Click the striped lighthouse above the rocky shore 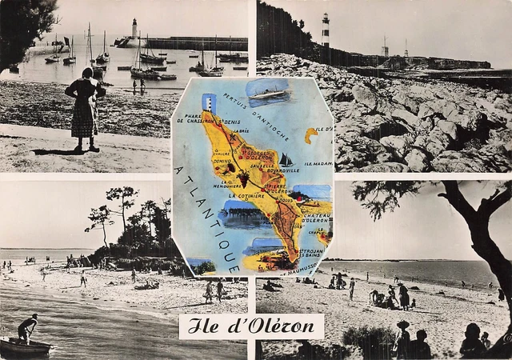coord(326,30)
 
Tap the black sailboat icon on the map coord(286,160)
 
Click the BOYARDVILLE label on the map coord(283,170)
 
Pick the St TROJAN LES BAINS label coord(310,254)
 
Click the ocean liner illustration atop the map coord(268,93)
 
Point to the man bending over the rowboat coord(27,328)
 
